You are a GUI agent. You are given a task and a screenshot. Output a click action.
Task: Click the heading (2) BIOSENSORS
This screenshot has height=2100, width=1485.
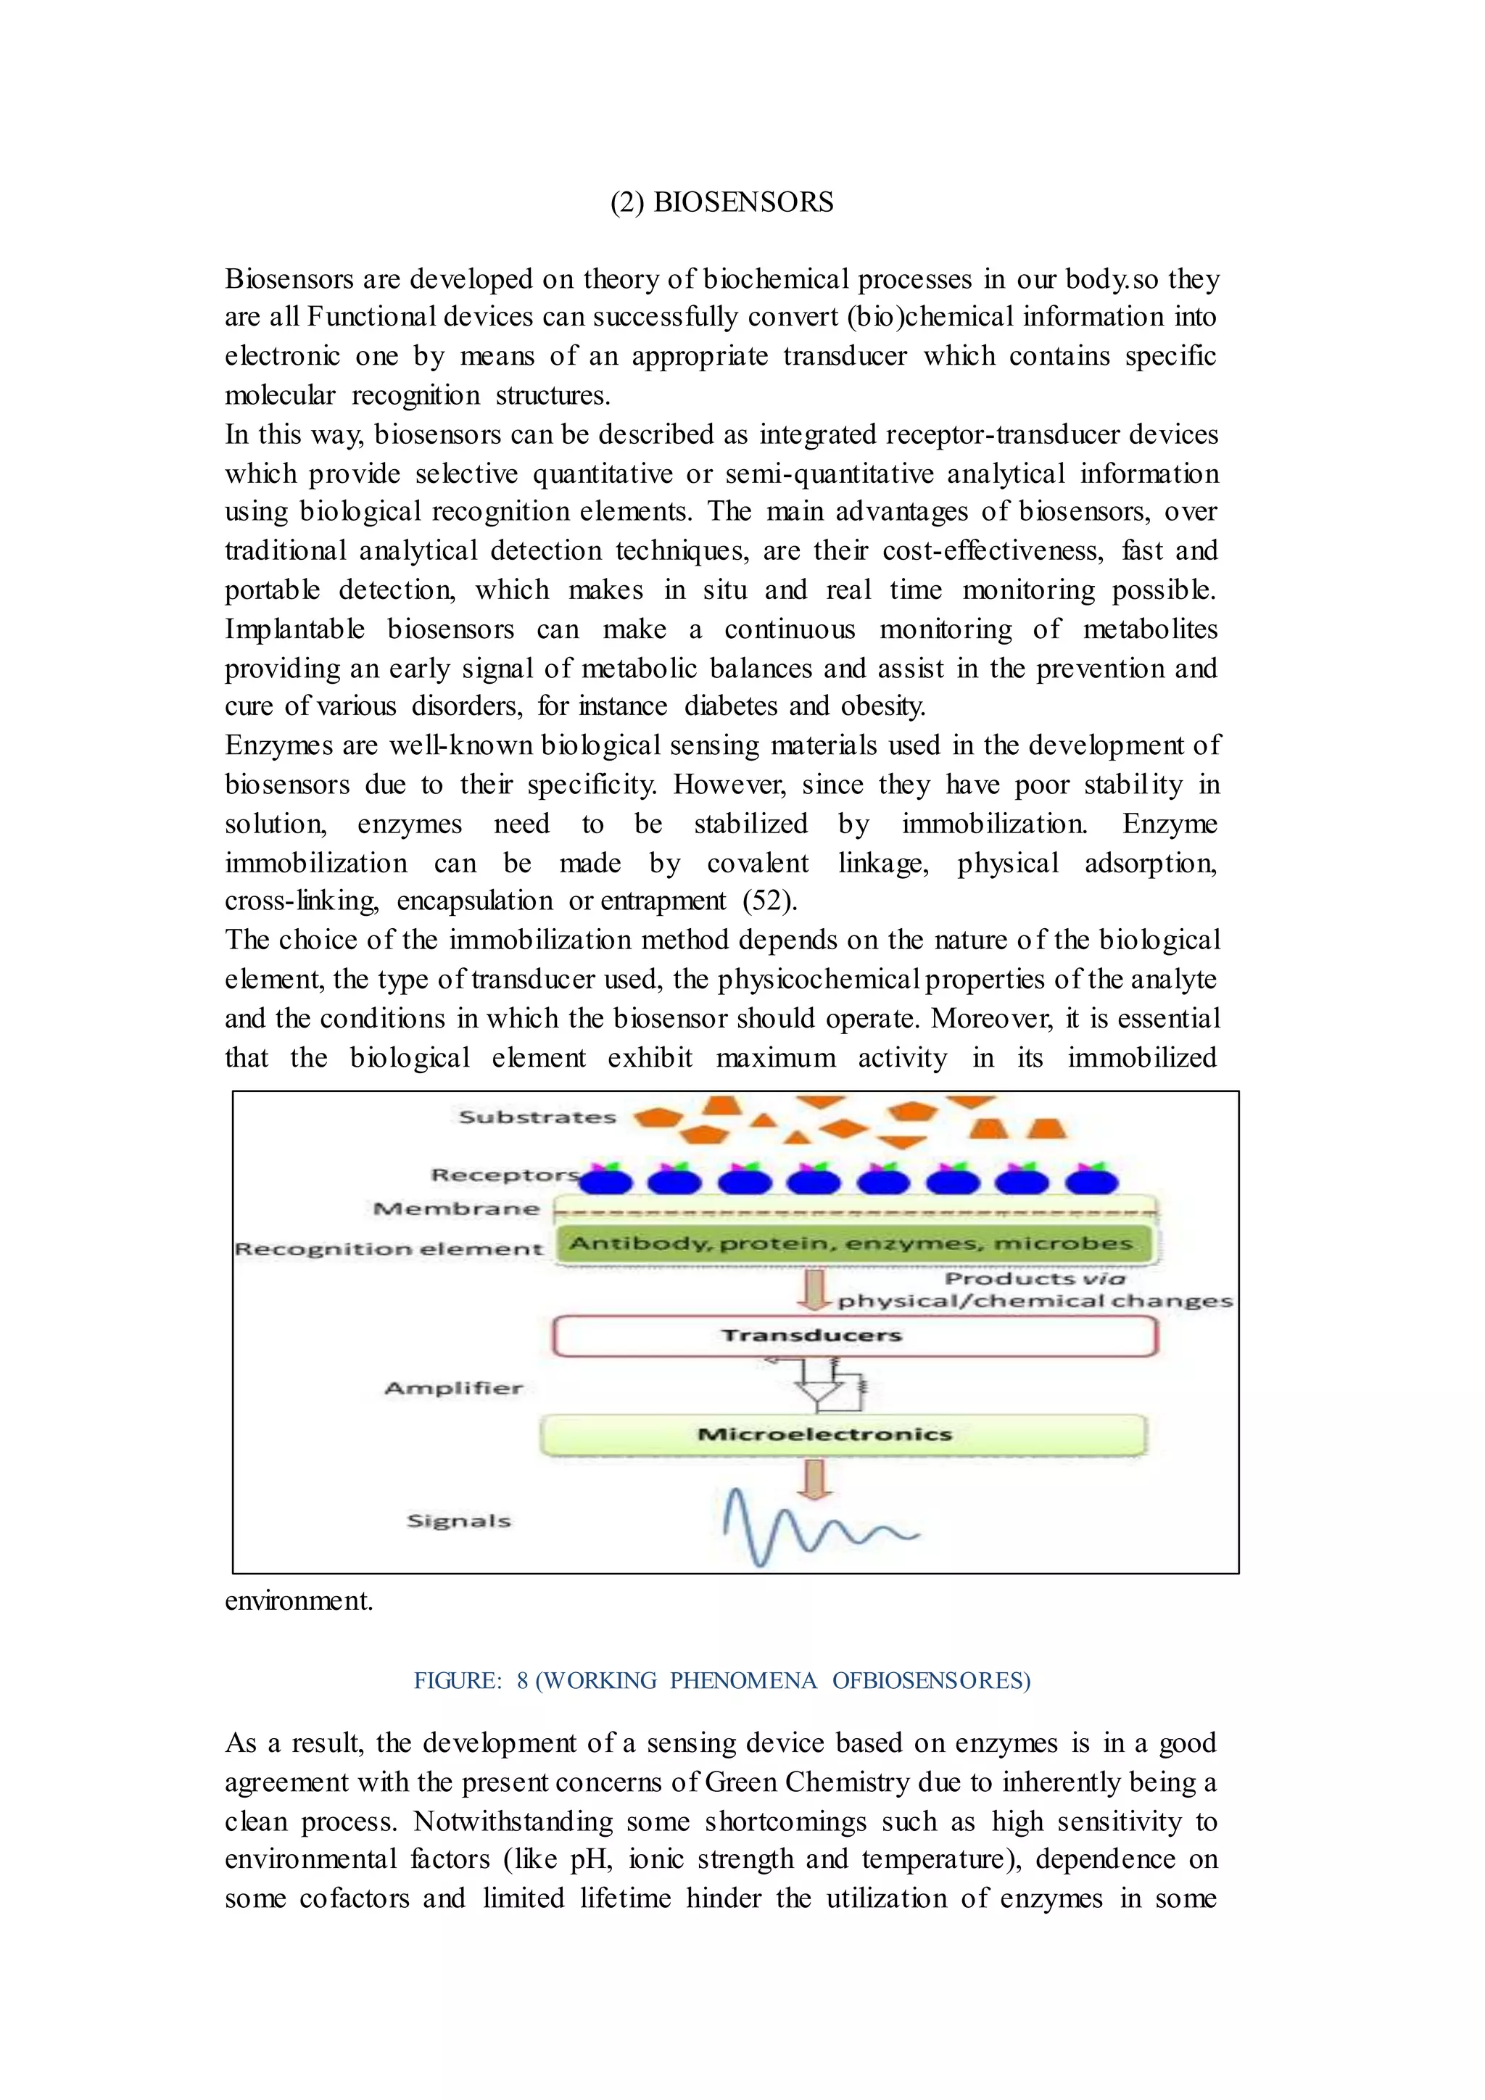[721, 202]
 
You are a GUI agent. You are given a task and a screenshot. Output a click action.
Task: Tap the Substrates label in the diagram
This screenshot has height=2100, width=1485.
[537, 1117]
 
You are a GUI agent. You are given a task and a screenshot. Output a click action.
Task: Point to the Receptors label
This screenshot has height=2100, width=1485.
[504, 1175]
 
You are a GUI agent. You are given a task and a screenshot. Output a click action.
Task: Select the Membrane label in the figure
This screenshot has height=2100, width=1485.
[456, 1209]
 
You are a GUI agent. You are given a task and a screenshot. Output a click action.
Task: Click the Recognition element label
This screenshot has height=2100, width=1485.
[389, 1249]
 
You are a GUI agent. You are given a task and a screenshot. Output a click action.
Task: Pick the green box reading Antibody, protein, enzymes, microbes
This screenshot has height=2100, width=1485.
[851, 1244]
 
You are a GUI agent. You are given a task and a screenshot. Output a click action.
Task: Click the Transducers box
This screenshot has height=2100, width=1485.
[855, 1336]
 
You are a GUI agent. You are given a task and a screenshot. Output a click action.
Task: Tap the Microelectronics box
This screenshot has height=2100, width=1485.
[841, 1435]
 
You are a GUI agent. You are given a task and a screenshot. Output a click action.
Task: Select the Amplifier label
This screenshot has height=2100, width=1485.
[453, 1389]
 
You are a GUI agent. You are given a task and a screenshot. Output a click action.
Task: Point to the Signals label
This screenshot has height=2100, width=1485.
[458, 1521]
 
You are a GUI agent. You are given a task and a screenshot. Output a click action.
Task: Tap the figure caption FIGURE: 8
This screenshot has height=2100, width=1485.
[721, 1681]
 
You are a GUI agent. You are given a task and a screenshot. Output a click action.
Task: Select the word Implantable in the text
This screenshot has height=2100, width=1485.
[294, 629]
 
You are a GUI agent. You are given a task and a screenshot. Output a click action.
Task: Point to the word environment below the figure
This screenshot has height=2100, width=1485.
[298, 1600]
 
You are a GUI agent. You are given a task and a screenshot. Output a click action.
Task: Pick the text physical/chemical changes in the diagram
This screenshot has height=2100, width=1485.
[1034, 1301]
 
